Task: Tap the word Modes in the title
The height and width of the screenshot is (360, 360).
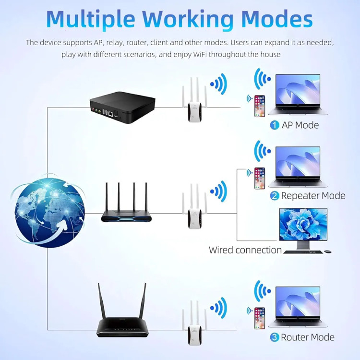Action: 277,19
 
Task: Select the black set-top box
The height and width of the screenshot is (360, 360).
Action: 122,108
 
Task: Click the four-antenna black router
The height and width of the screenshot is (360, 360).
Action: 126,206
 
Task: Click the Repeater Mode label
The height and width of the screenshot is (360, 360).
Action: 313,196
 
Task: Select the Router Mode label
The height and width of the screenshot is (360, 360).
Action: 307,337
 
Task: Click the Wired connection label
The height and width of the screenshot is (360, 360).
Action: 245,250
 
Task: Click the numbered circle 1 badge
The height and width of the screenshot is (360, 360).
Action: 275,125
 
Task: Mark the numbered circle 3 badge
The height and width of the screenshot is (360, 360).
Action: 275,337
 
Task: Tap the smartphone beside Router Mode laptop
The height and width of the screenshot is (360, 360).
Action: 259,318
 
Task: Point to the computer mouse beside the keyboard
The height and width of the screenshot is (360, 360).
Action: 327,252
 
